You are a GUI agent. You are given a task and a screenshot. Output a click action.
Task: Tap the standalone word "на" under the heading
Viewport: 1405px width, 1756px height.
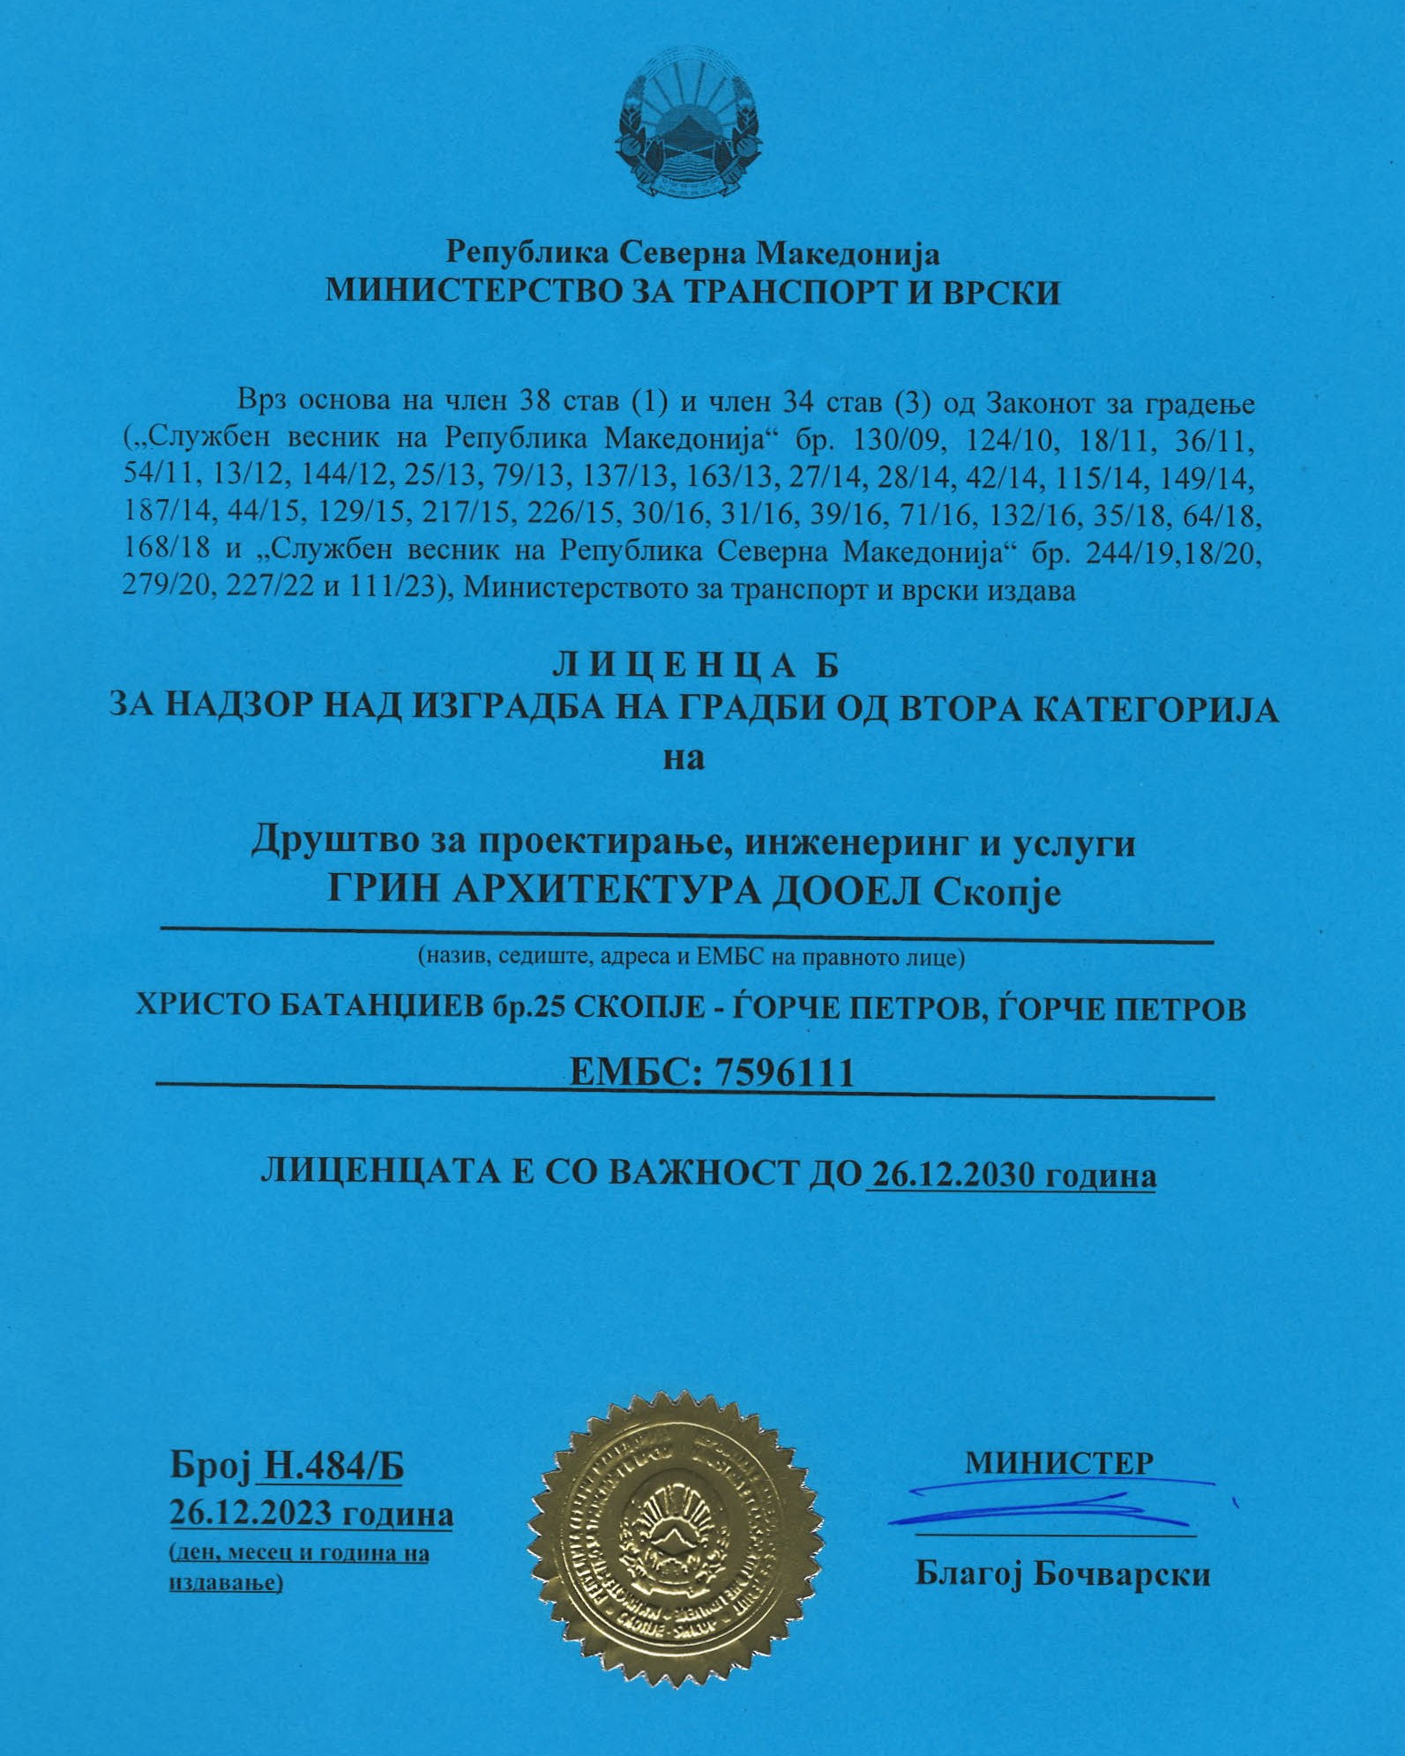pyautogui.click(x=684, y=757)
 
